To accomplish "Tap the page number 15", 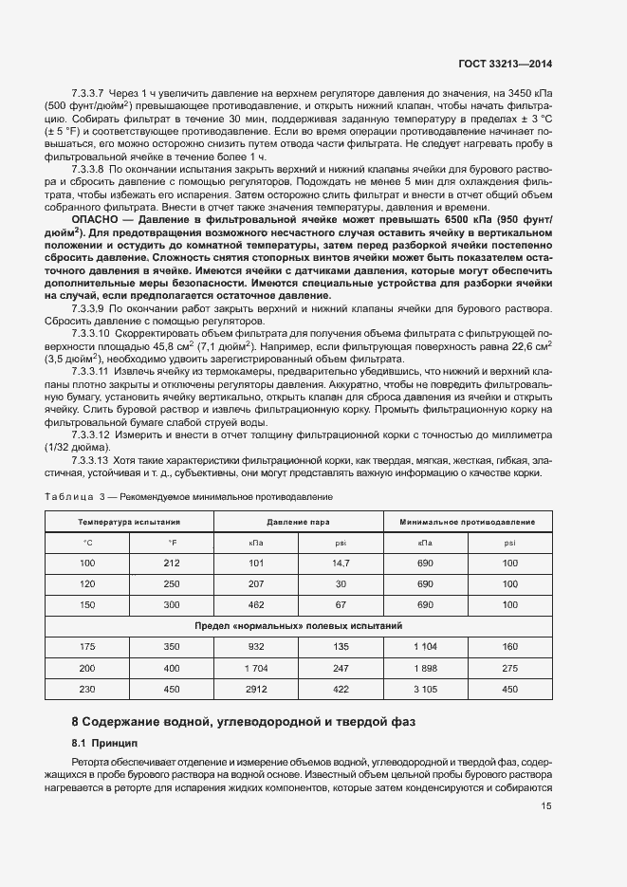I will (546, 805).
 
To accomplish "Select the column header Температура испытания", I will (129, 523).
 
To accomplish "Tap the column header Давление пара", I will (298, 523).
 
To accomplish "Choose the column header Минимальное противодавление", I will (468, 523).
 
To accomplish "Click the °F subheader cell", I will (172, 542).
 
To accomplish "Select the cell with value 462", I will (256, 603).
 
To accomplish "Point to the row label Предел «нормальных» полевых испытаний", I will (299, 625).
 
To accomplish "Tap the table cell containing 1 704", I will (256, 667).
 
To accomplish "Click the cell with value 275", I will (510, 667).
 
